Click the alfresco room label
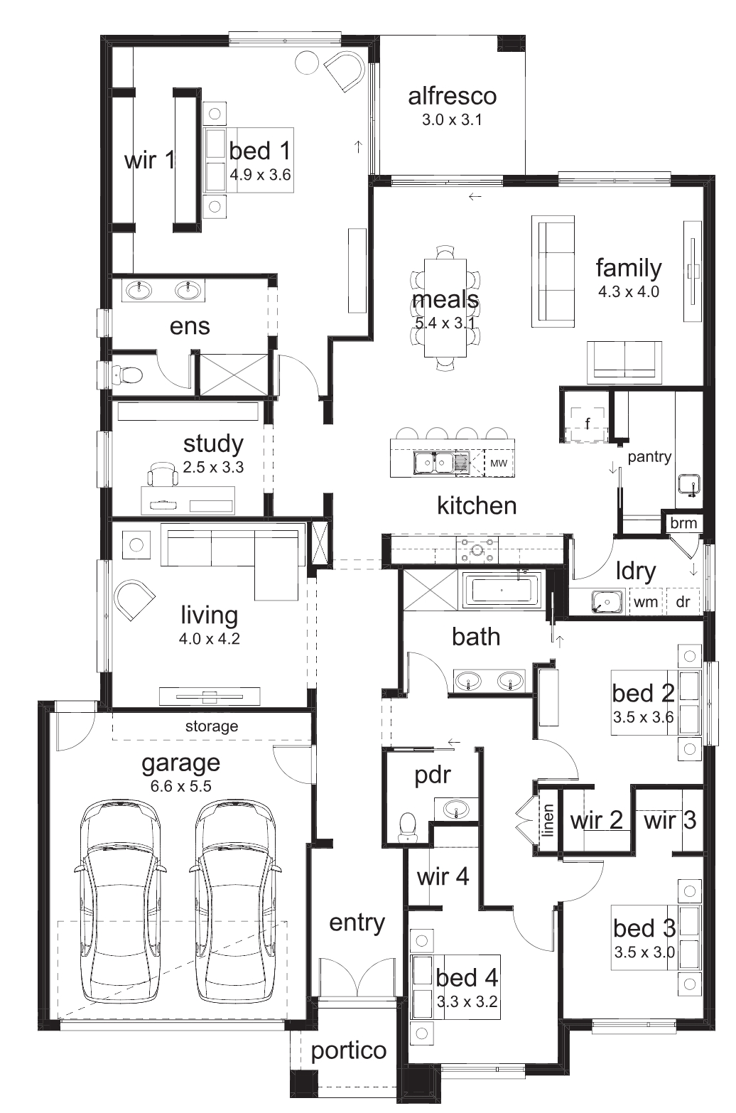pyautogui.click(x=452, y=97)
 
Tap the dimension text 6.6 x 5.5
pyautogui.click(x=180, y=786)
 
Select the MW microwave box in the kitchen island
pyautogui.click(x=499, y=463)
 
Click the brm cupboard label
pyautogui.click(x=683, y=522)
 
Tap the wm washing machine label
pyautogui.click(x=646, y=602)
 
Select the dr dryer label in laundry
pyautogui.click(x=683, y=602)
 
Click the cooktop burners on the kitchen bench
pyautogui.click(x=477, y=549)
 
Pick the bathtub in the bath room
pyautogui.click(x=502, y=591)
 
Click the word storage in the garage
pyautogui.click(x=212, y=726)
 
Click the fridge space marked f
pyautogui.click(x=588, y=424)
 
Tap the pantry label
pyautogui.click(x=649, y=456)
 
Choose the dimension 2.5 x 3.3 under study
pyautogui.click(x=213, y=467)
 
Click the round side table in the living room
pyautogui.click(x=136, y=544)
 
